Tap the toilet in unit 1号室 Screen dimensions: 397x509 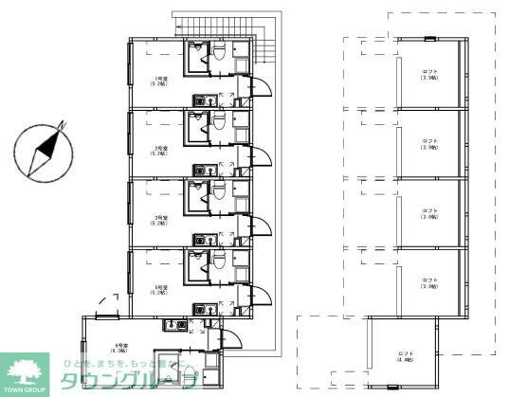[x=217, y=57]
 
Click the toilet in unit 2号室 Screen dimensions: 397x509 [x=217, y=123]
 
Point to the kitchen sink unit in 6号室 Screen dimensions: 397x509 [x=174, y=327]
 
